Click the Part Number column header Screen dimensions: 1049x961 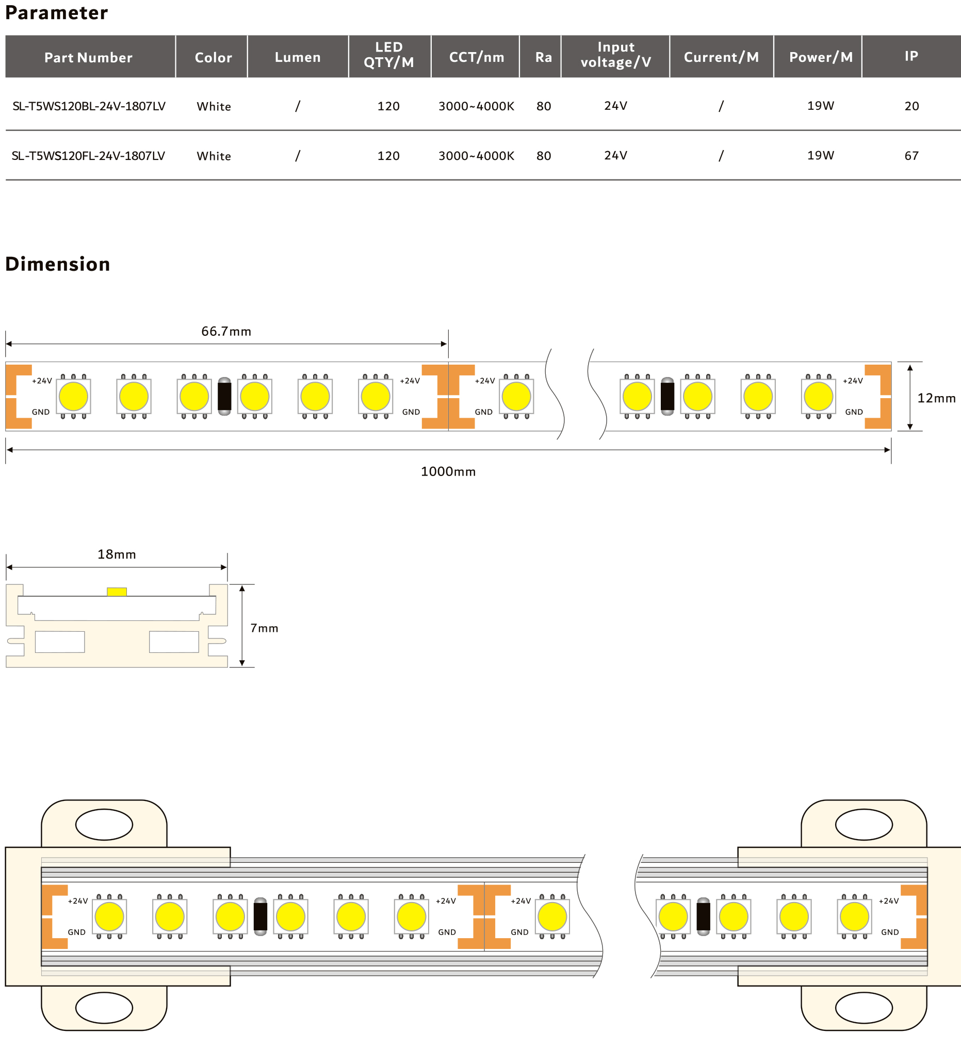click(x=88, y=57)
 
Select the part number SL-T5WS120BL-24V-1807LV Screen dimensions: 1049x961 click(x=89, y=106)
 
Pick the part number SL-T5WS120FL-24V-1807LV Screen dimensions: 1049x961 click(x=88, y=156)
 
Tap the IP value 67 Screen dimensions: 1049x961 click(x=911, y=156)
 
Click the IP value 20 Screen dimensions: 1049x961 click(x=911, y=106)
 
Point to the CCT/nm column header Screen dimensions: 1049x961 click(x=476, y=57)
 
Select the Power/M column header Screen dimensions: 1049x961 click(x=821, y=57)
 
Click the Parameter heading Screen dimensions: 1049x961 click(x=57, y=12)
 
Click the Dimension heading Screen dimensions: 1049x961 click(x=58, y=264)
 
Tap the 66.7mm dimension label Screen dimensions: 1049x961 click(x=226, y=332)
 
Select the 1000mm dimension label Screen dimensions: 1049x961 click(x=448, y=471)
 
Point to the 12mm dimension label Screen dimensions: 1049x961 click(x=936, y=398)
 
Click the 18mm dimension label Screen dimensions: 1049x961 click(x=117, y=554)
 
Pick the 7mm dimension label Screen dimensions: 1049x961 click(x=264, y=628)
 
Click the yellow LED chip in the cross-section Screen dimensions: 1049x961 click(x=117, y=592)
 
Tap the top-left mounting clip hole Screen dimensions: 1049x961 click(x=104, y=825)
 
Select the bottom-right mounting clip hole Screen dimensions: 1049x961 click(x=864, y=1007)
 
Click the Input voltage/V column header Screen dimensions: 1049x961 click(x=615, y=55)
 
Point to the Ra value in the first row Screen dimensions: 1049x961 click(x=544, y=106)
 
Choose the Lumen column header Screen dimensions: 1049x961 click(x=298, y=57)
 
